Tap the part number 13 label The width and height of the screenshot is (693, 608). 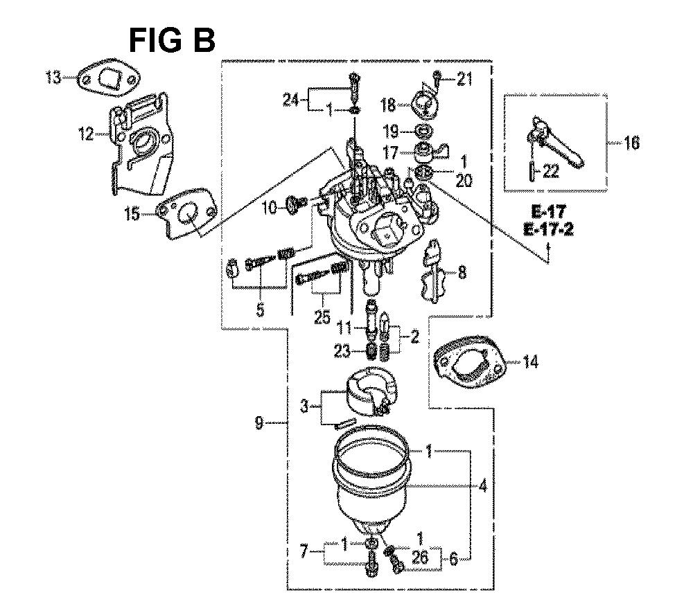53,78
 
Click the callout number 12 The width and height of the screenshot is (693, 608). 86,133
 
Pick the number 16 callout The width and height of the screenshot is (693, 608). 631,143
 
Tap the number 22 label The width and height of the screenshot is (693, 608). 550,171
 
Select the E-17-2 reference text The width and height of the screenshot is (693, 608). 548,230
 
